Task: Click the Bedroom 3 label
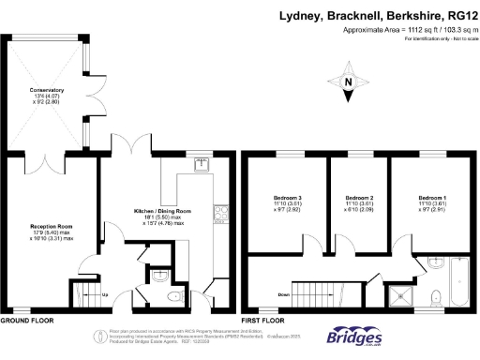(x=286, y=199)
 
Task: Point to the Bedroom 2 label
(x=359, y=199)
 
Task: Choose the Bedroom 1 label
(x=432, y=199)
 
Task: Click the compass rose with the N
(x=348, y=82)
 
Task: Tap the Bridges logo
(x=356, y=338)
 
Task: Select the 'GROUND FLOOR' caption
(x=25, y=320)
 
